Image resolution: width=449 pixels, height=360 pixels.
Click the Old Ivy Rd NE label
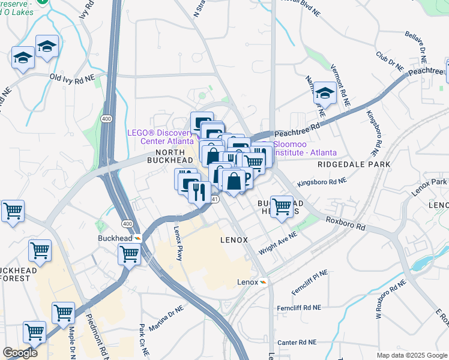pyautogui.click(x=72, y=78)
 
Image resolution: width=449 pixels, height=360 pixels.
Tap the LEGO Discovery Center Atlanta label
pyautogui.click(x=161, y=137)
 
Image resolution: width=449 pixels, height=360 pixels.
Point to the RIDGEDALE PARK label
pyautogui.click(x=354, y=164)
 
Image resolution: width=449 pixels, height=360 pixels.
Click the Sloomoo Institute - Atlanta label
pyautogui.click(x=305, y=149)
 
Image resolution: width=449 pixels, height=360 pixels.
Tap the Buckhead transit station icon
pyautogui.click(x=137, y=238)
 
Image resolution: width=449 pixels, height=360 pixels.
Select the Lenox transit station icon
pyautogui.click(x=263, y=282)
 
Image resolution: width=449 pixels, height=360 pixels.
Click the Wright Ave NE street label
pyautogui.click(x=278, y=243)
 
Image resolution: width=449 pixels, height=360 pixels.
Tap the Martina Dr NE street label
pyautogui.click(x=166, y=319)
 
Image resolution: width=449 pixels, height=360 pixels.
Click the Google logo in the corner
pyautogui.click(x=20, y=353)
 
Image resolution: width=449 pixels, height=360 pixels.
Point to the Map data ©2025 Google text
pyautogui.click(x=412, y=355)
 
